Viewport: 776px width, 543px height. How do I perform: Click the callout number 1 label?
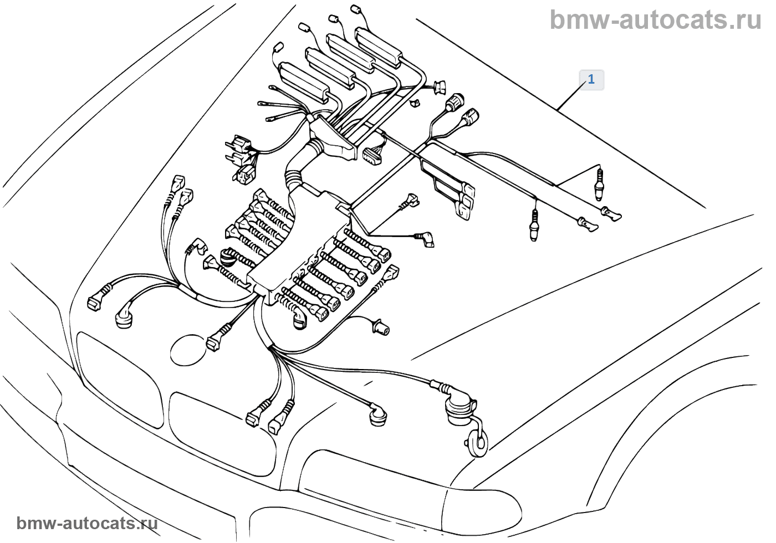pyautogui.click(x=591, y=80)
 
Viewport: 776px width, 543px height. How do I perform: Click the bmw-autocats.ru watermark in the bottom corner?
pyautogui.click(x=87, y=523)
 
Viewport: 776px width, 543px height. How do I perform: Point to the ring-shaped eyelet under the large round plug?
pyautogui.click(x=477, y=443)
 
